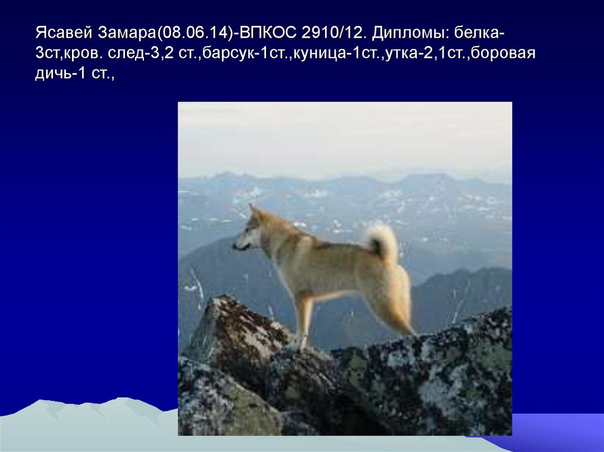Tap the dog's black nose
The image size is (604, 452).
point(234,247)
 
